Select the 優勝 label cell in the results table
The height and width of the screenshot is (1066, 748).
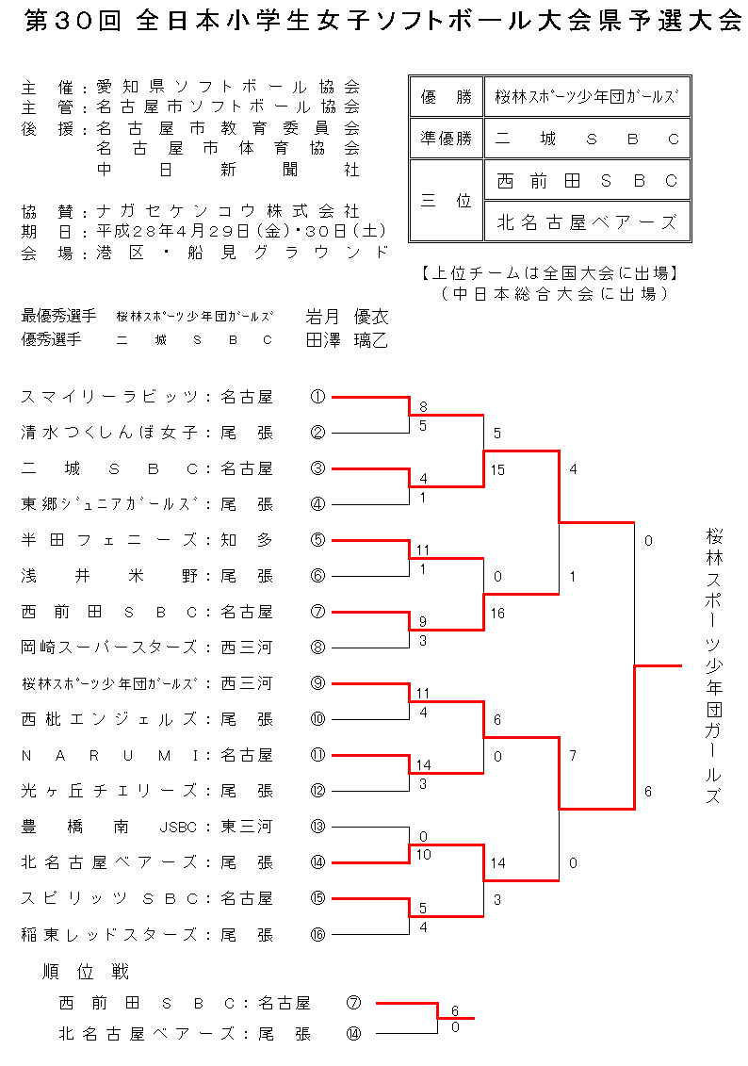446,97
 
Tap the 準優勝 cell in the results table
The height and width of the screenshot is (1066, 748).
446,139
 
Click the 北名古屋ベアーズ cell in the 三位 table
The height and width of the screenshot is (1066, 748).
587,222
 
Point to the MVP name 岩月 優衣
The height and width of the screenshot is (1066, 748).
347,317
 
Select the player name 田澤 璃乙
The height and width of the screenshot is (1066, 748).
347,340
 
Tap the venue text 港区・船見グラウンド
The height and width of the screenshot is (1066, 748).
241,253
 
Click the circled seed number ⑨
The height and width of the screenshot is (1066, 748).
317,683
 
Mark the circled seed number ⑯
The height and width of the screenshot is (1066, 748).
317,934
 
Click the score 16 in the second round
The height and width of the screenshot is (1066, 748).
498,614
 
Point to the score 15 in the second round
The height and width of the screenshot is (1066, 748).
498,470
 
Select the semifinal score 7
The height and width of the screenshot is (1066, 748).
573,755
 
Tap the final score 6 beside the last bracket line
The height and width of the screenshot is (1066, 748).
648,792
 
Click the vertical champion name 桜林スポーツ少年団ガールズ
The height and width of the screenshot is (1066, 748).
714,665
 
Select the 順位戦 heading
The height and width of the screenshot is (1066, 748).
86,972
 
